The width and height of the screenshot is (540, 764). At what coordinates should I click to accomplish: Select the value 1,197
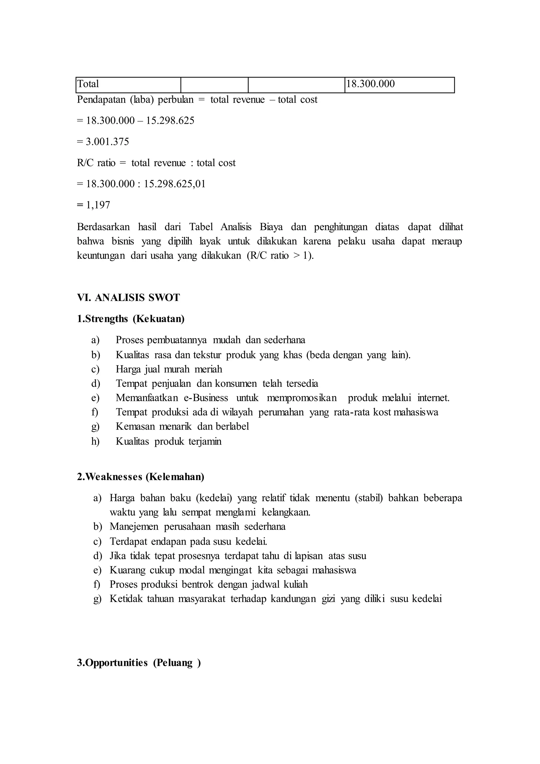pyautogui.click(x=98, y=205)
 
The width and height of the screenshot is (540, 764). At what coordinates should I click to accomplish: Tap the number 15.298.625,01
pyautogui.click(x=175, y=184)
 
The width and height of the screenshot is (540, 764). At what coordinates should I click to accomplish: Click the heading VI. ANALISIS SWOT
pyautogui.click(x=128, y=298)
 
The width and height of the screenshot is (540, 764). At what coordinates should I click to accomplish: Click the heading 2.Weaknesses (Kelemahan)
pyautogui.click(x=141, y=477)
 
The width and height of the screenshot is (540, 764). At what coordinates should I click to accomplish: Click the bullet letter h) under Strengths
pyautogui.click(x=95, y=442)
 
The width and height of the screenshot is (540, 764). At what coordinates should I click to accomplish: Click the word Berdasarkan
pyautogui.click(x=103, y=227)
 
